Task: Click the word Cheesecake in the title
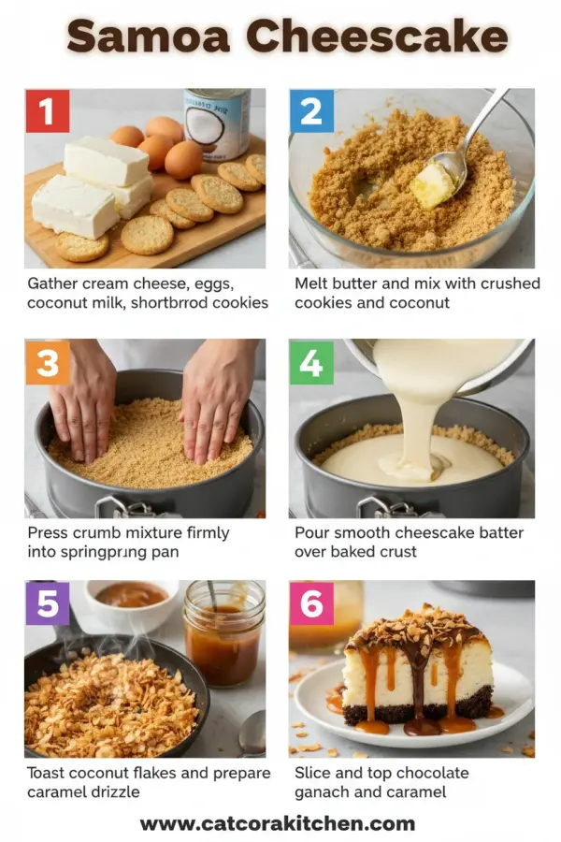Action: [382, 37]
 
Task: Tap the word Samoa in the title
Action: [150, 37]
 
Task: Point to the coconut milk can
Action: [217, 122]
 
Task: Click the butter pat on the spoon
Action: [433, 184]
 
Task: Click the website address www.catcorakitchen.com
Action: [278, 823]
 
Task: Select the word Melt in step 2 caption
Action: [312, 283]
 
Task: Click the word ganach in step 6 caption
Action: [324, 792]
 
